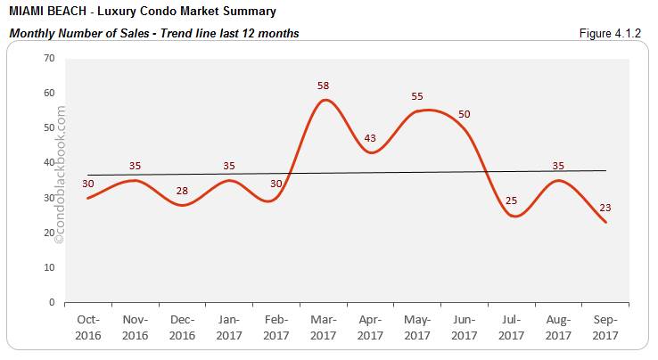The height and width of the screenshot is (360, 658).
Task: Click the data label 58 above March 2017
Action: point(325,86)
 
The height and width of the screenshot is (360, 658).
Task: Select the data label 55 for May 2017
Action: point(417,96)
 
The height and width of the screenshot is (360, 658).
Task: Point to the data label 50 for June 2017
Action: point(464,114)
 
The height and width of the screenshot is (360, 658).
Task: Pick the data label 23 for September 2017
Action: point(605,208)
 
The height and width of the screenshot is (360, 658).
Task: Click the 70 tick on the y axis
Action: point(49,59)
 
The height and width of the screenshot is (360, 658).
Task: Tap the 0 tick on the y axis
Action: point(52,303)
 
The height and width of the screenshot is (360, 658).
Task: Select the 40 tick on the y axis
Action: point(49,163)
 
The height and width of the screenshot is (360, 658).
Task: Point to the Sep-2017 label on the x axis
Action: point(605,327)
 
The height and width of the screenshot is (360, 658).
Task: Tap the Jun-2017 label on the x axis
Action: point(464,327)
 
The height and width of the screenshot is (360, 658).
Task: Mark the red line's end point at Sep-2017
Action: point(607,223)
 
